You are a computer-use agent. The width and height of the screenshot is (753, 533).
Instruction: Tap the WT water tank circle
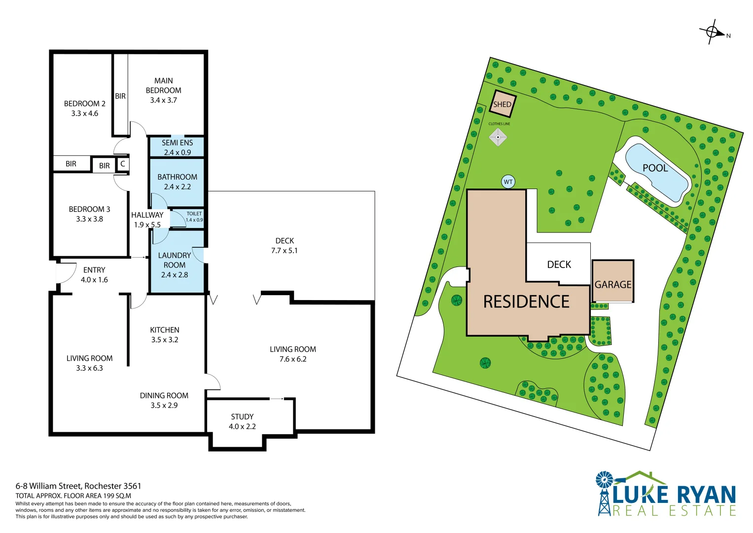(508, 182)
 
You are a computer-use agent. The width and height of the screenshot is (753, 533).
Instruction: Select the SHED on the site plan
(502, 104)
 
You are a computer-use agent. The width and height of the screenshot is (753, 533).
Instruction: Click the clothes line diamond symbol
(498, 137)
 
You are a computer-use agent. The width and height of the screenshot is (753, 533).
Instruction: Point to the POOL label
(655, 168)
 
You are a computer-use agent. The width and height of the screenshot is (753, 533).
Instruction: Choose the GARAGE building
(613, 281)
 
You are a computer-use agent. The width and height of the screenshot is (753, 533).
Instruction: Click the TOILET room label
(194, 214)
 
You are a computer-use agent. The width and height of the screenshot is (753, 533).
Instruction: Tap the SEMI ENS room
(177, 147)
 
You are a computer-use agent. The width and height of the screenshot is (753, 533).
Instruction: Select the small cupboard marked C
(123, 164)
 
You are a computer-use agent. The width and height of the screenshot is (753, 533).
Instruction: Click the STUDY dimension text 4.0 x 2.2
(243, 426)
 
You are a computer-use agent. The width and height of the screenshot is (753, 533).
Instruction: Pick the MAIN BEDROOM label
(163, 85)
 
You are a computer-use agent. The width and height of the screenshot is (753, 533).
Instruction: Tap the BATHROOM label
(177, 177)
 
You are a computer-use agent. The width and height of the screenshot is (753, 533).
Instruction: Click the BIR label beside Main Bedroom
(120, 96)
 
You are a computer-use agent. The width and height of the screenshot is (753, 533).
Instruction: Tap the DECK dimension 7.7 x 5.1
(285, 251)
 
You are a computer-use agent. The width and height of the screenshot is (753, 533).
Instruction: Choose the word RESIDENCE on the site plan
(527, 302)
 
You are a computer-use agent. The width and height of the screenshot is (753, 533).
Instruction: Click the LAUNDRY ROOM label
(175, 260)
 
